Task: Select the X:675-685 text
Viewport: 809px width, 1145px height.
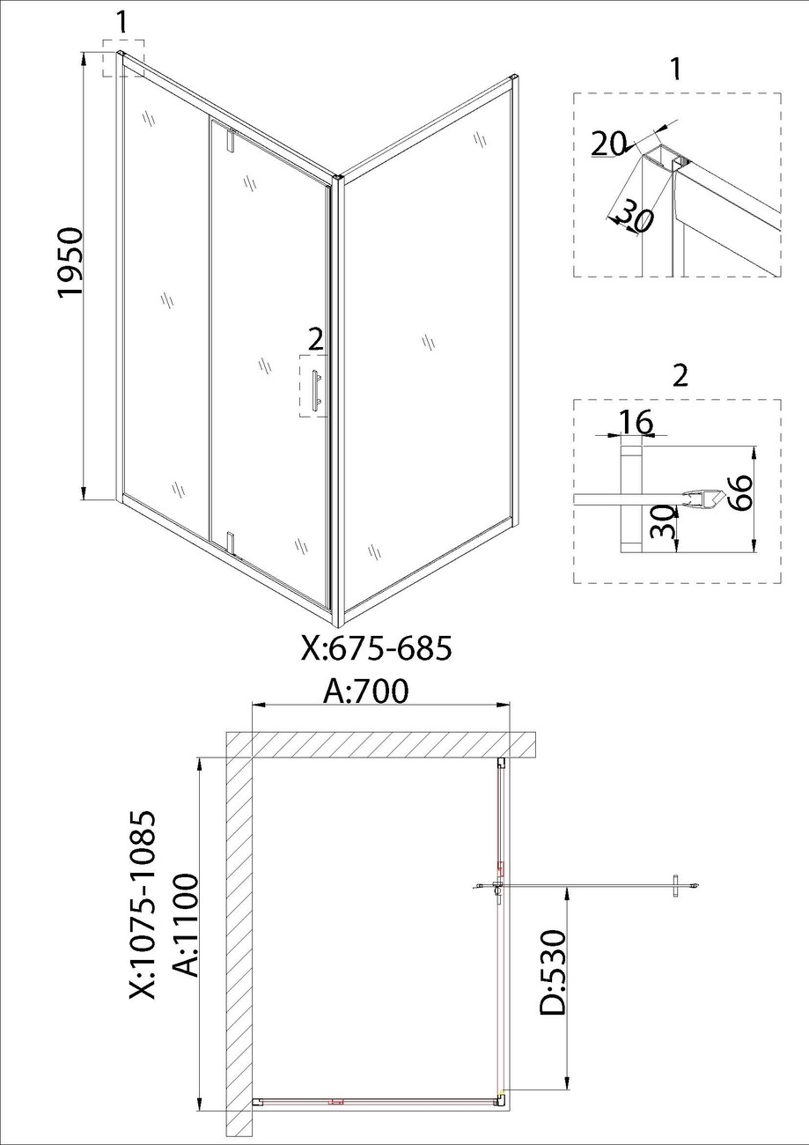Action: (x=377, y=648)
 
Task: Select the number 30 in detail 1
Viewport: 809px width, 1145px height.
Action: (x=636, y=218)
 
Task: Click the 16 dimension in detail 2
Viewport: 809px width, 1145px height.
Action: (x=636, y=422)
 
